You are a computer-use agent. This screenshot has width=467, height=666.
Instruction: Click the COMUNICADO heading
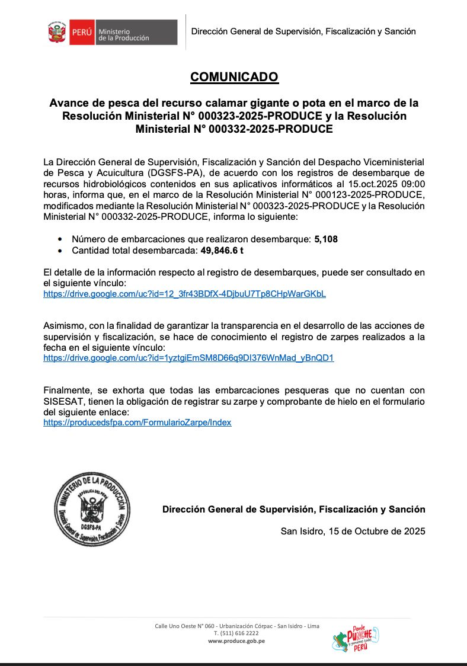pyautogui.click(x=234, y=77)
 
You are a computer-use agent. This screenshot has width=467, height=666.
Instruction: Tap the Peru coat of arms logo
pyautogui.click(x=58, y=33)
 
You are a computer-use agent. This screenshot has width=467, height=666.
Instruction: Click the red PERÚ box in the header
pyautogui.click(x=81, y=33)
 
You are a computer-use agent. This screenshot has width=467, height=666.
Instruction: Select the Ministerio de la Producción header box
pyautogui.click(x=135, y=33)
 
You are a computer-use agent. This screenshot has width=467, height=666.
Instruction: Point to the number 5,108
pyautogui.click(x=326, y=239)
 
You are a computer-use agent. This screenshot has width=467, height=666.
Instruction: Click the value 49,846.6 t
pyautogui.click(x=222, y=251)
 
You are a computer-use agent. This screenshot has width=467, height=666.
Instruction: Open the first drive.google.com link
pyautogui.click(x=184, y=294)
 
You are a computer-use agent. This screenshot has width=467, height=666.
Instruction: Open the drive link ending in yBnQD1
pyautogui.click(x=188, y=358)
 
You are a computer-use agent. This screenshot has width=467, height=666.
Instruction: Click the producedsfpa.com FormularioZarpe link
pyautogui.click(x=137, y=422)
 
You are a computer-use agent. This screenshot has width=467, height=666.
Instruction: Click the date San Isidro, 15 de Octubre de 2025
pyautogui.click(x=353, y=531)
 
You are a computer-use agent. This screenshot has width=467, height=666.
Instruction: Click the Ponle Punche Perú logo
pyautogui.click(x=355, y=638)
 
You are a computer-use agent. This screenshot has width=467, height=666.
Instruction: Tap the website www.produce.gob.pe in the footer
pyautogui.click(x=236, y=641)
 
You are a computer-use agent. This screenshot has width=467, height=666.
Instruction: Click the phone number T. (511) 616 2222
pyautogui.click(x=236, y=633)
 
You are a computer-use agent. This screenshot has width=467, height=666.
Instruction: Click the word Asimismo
pyautogui.click(x=65, y=326)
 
